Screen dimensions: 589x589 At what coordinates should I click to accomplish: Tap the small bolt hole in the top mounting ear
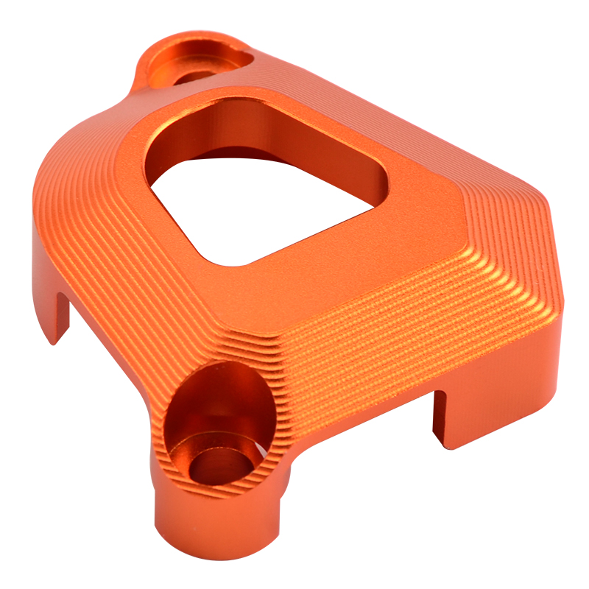[x=193, y=76]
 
